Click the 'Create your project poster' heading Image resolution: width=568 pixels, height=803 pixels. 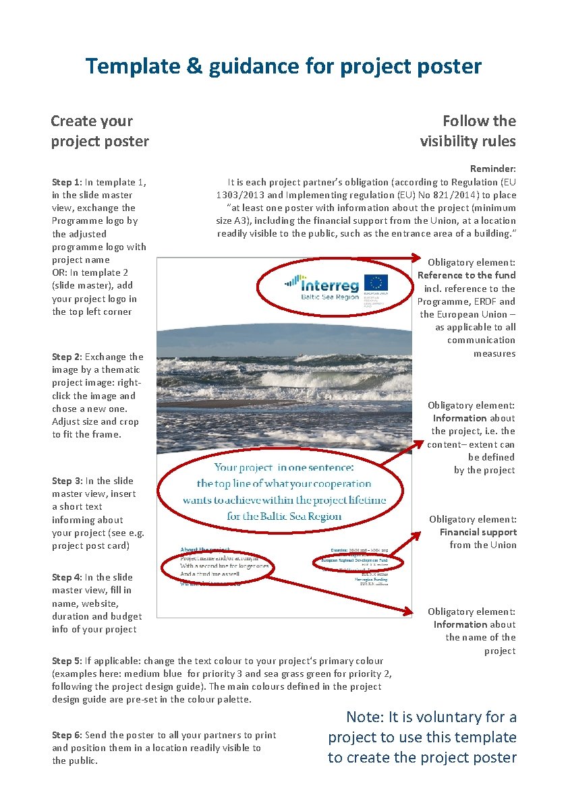(100, 131)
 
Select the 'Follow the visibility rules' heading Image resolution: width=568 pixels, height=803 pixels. (467, 131)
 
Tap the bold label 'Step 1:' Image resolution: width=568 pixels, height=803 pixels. (67, 182)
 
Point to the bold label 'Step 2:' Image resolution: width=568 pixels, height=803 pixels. (67, 357)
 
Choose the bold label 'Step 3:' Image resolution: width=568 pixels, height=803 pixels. (67, 481)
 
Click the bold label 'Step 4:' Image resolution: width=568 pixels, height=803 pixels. (67, 577)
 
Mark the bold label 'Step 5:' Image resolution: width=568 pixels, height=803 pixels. (67, 661)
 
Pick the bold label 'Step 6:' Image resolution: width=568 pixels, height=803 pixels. (67, 735)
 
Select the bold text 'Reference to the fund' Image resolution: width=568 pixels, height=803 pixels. (466, 275)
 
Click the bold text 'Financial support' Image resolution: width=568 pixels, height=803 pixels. (478, 532)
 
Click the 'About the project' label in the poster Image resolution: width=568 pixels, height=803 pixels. (205, 550)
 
